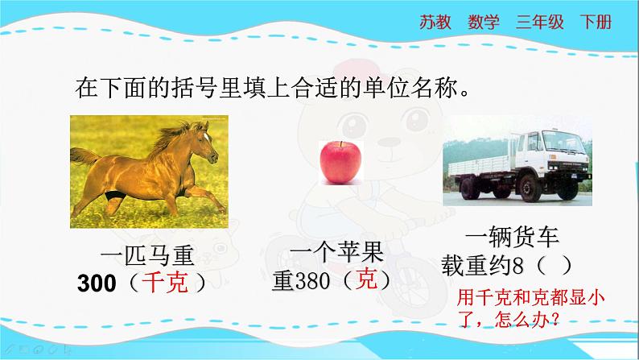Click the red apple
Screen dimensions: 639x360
coord(340,162)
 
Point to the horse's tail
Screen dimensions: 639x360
coord(85,156)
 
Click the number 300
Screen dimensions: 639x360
coord(97,283)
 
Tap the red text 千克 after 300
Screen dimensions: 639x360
coord(165,282)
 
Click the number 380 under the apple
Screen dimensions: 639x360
coord(312,280)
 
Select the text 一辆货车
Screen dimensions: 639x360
coord(512,237)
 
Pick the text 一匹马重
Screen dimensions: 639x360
coord(147,255)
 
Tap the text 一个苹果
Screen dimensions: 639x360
coord(336,251)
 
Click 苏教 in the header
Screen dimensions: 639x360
coord(435,22)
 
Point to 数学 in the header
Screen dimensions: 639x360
coord(484,22)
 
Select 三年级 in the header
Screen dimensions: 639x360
coord(539,22)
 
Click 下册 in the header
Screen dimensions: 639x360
coord(596,22)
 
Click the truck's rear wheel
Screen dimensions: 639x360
coord(470,188)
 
